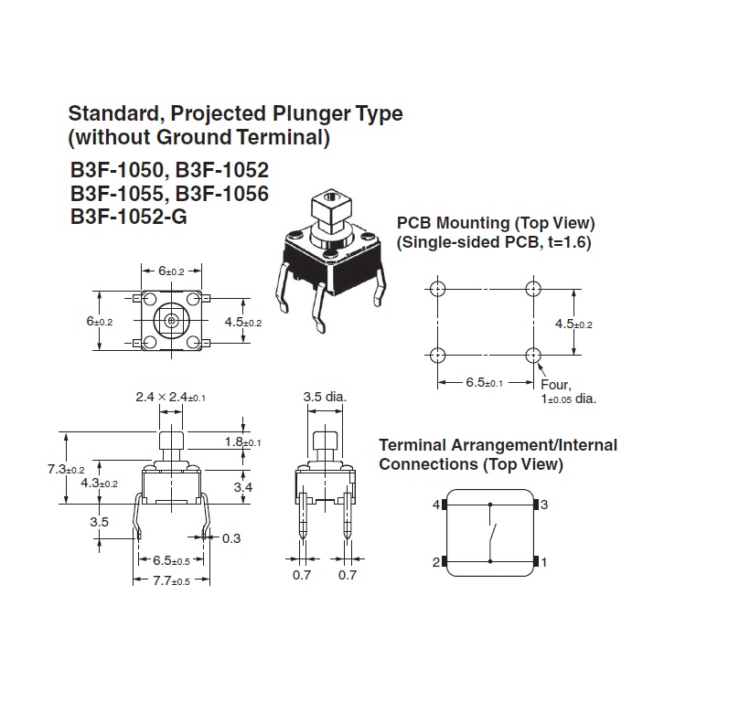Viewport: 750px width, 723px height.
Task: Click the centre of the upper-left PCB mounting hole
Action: tap(438, 289)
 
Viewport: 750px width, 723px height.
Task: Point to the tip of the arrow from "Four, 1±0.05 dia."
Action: tap(538, 364)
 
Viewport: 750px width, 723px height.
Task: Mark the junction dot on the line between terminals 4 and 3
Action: tap(490, 505)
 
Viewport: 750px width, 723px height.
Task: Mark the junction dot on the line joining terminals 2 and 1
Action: tap(490, 561)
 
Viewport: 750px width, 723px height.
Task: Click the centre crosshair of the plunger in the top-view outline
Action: tap(171, 321)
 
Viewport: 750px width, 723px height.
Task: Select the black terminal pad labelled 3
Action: tap(536, 505)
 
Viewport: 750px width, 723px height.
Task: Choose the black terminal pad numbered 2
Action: tap(444, 561)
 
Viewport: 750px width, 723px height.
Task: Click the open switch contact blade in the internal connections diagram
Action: tap(493, 534)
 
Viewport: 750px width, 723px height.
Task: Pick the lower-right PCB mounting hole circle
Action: tap(533, 355)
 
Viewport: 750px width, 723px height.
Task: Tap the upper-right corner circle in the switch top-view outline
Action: tap(193, 299)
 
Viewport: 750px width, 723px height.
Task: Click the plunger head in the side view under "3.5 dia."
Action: tap(326, 439)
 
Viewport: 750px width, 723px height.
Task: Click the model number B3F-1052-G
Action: tap(129, 217)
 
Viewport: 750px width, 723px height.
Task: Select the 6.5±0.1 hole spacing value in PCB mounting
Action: tap(485, 383)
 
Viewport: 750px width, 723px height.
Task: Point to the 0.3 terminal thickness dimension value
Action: tap(231, 538)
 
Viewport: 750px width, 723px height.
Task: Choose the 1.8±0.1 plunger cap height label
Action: tap(243, 442)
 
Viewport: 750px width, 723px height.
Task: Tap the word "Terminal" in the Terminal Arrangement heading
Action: tap(412, 445)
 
